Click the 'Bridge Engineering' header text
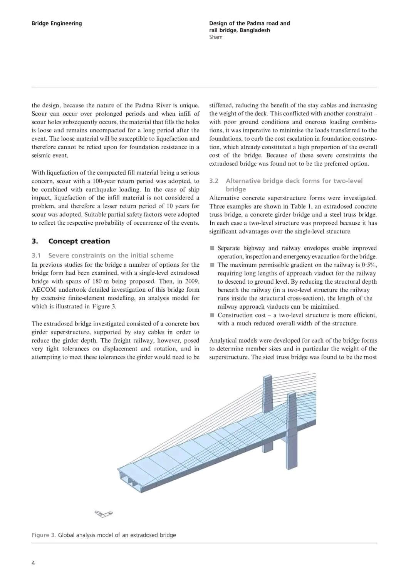[57, 23]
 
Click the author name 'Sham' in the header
[216, 37]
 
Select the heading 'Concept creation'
[79, 241]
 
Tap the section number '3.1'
[36, 256]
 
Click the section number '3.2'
[214, 181]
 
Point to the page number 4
[33, 563]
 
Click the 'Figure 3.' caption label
[44, 535]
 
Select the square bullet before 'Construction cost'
[212, 315]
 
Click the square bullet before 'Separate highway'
[212, 248]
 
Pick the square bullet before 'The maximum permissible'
[212, 265]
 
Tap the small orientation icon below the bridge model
[104, 514]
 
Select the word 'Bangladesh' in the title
[255, 30]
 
